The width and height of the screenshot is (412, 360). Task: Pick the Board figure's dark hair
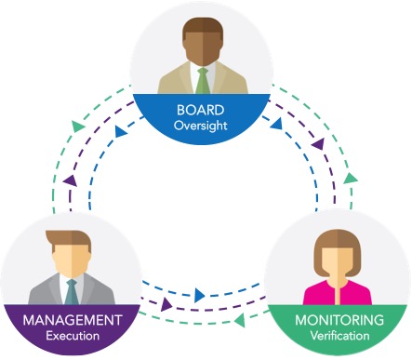[x=202, y=22]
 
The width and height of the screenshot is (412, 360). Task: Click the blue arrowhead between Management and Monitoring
[x=199, y=297]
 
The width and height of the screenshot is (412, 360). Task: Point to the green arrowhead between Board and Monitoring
[x=350, y=177]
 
